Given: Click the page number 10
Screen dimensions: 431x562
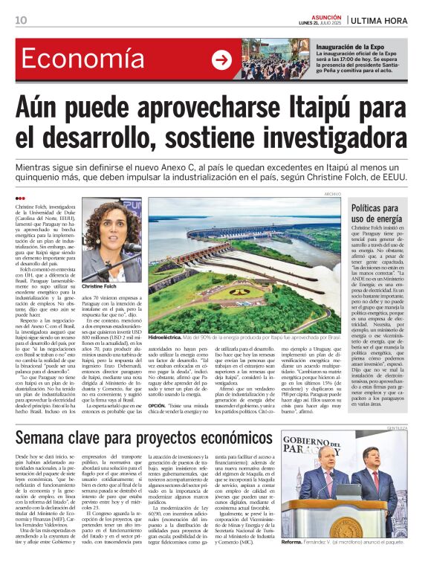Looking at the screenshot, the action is tap(20, 20).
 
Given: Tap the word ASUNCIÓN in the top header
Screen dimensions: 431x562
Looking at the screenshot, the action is tap(320, 16).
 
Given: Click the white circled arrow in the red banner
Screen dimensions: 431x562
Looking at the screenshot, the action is tap(221, 60).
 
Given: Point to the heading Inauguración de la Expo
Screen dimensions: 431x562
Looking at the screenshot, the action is tap(354, 47).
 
